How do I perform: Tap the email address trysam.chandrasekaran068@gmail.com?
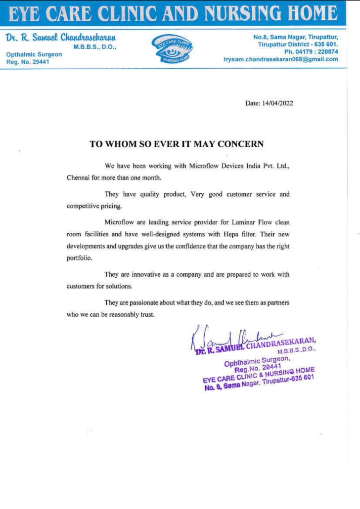click(x=281, y=59)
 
